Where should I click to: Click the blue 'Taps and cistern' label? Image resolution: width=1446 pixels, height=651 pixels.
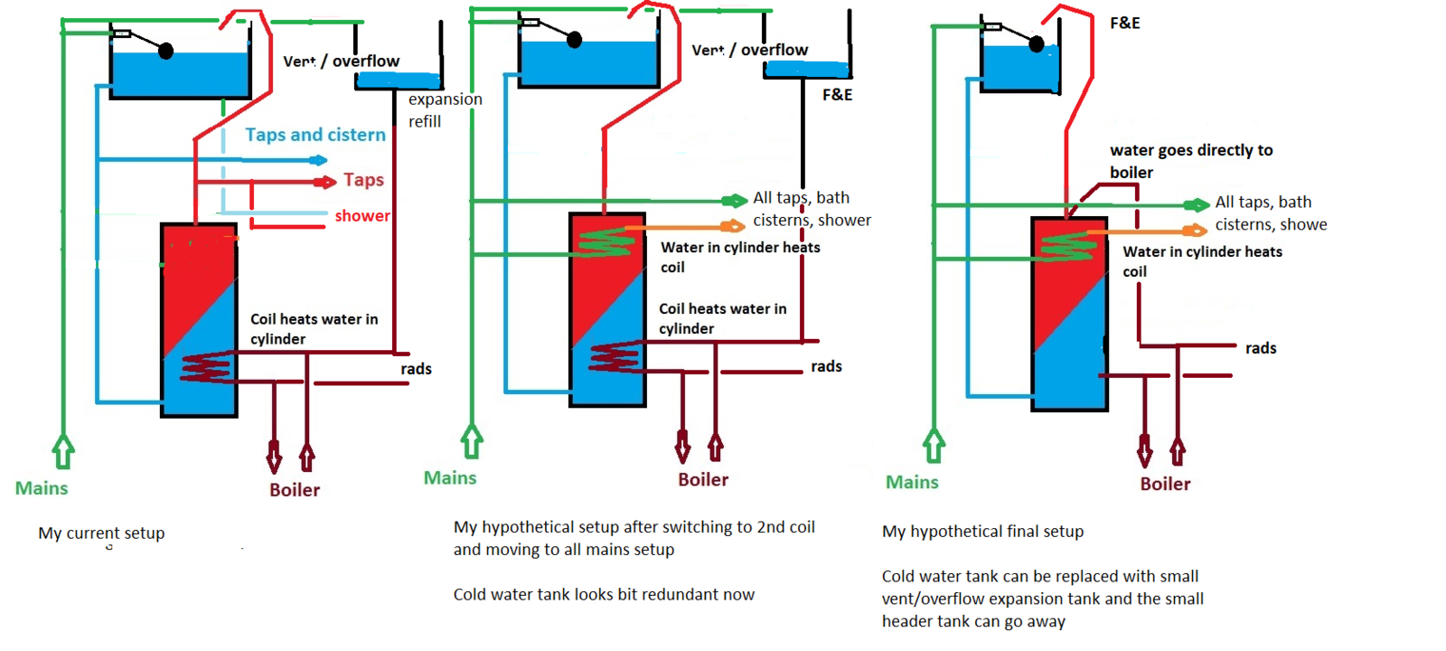(315, 135)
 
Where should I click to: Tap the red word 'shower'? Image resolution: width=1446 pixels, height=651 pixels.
(362, 216)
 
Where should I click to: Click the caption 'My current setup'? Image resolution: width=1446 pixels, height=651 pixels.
(101, 533)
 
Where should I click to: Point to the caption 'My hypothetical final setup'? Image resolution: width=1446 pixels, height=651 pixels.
(982, 532)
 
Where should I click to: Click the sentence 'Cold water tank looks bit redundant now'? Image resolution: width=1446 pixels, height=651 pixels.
(604, 595)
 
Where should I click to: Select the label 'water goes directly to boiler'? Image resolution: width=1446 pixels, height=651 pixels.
(1190, 161)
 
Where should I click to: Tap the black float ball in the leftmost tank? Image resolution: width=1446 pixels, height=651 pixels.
(165, 51)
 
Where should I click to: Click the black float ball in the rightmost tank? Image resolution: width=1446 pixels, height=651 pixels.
(1037, 43)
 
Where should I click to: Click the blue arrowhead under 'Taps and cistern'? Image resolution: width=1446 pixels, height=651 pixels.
(319, 160)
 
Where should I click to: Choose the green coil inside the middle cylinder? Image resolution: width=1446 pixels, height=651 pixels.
(606, 241)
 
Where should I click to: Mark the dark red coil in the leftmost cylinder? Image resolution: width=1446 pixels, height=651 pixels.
(207, 368)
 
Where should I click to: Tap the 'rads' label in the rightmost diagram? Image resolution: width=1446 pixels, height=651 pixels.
(1261, 348)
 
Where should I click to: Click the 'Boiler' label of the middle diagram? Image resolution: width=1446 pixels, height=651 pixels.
(703, 480)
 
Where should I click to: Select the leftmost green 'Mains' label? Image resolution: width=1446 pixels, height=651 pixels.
(42, 488)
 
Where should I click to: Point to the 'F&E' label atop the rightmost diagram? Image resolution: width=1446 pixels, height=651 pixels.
(1125, 24)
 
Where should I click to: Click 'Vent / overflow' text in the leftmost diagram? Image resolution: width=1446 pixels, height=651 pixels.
(341, 61)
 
